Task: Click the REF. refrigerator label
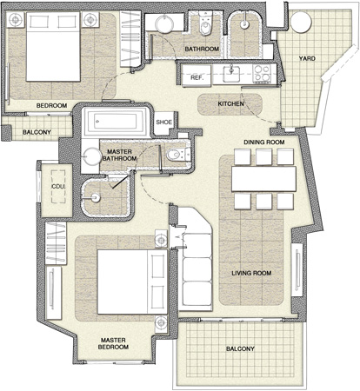click(x=197, y=78)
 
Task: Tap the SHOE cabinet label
click(x=164, y=122)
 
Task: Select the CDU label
click(x=57, y=187)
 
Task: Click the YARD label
click(x=307, y=58)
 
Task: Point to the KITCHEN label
click(x=230, y=103)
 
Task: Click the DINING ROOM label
click(x=264, y=142)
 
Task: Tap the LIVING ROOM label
click(x=251, y=273)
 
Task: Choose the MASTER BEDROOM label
click(x=113, y=343)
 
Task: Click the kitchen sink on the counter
click(x=231, y=74)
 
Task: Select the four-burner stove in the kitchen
click(x=262, y=73)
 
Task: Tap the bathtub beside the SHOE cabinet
click(x=116, y=122)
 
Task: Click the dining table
click(x=263, y=179)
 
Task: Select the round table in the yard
click(x=302, y=23)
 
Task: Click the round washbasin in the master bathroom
click(x=92, y=156)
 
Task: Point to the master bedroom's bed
click(x=132, y=282)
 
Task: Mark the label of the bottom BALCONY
click(x=240, y=348)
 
